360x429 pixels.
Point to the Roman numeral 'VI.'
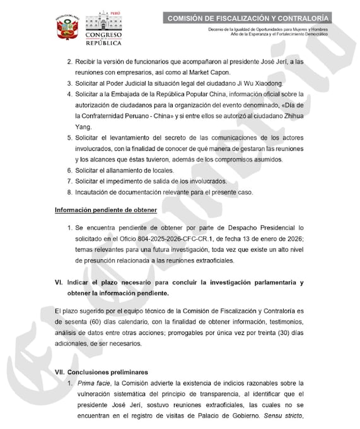[59, 283]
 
